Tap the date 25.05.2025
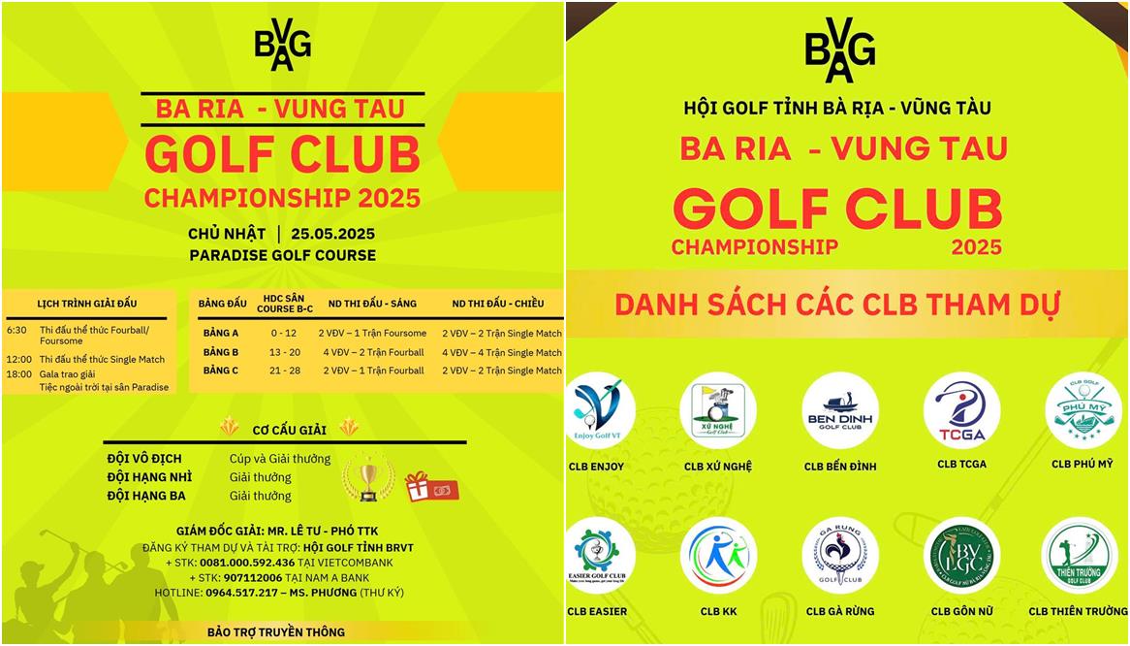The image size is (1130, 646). [326, 234]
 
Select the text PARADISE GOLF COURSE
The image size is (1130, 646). [282, 255]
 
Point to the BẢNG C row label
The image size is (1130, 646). [221, 371]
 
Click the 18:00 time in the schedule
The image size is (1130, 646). [17, 373]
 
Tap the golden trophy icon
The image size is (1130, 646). [368, 478]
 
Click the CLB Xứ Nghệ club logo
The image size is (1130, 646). [718, 411]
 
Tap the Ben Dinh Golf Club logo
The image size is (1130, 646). [840, 410]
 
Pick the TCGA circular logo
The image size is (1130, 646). [961, 410]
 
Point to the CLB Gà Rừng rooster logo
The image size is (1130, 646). [840, 556]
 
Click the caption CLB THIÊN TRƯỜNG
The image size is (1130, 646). [1078, 611]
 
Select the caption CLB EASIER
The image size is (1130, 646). [597, 611]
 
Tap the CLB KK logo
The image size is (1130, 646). [718, 556]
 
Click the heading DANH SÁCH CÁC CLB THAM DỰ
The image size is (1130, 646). [836, 304]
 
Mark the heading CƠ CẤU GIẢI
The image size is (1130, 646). [289, 429]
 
